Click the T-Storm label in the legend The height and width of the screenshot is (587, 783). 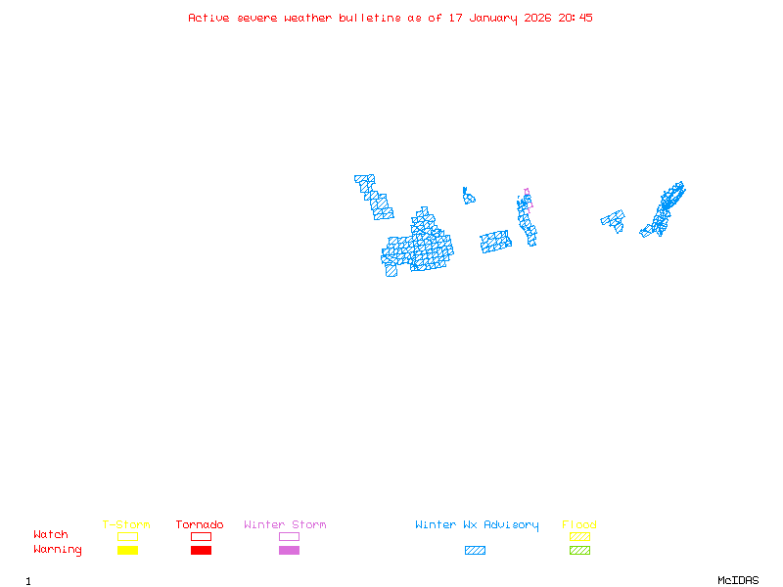pyautogui.click(x=126, y=525)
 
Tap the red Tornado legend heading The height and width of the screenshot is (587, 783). pyautogui.click(x=200, y=525)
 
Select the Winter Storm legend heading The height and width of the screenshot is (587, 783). pyautogui.click(x=285, y=525)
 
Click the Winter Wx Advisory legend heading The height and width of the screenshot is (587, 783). pyautogui.click(x=477, y=525)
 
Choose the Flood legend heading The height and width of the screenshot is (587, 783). pyautogui.click(x=579, y=525)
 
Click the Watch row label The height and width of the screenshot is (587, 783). pyautogui.click(x=51, y=535)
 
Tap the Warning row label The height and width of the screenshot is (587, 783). pyautogui.click(x=58, y=550)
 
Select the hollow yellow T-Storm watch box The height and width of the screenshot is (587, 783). pyautogui.click(x=127, y=536)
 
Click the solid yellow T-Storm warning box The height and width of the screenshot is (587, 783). pyautogui.click(x=127, y=551)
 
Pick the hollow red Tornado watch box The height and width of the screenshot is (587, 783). pyautogui.click(x=201, y=536)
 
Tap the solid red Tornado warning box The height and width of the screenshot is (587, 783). pyautogui.click(x=201, y=551)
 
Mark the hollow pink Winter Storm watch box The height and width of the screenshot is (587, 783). pyautogui.click(x=289, y=536)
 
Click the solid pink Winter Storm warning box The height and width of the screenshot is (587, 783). pyautogui.click(x=289, y=551)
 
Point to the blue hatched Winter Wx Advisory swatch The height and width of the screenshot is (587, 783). pyautogui.click(x=475, y=551)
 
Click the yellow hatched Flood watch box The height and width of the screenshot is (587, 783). pyautogui.click(x=579, y=536)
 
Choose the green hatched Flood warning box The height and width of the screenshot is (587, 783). pyautogui.click(x=579, y=551)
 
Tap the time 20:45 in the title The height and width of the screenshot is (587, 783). pyautogui.click(x=576, y=18)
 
